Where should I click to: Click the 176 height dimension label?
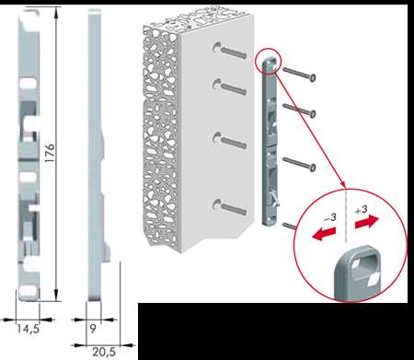[x=50, y=153]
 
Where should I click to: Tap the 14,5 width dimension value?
[x=28, y=329]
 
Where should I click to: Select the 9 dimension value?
[x=93, y=329]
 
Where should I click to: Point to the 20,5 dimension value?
[x=104, y=352]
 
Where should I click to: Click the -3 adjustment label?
[x=330, y=217]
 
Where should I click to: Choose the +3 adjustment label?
[x=362, y=210]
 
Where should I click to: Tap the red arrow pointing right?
[x=367, y=222]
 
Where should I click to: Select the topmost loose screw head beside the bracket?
[x=313, y=78]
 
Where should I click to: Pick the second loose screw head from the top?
[x=313, y=114]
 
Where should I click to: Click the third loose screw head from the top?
[x=313, y=168]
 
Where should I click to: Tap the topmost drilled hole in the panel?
[x=216, y=47]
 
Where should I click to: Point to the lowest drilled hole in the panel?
[x=216, y=204]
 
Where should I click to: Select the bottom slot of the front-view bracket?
[x=29, y=292]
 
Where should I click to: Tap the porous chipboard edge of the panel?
[x=160, y=135]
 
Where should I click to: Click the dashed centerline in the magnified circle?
[x=346, y=215]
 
